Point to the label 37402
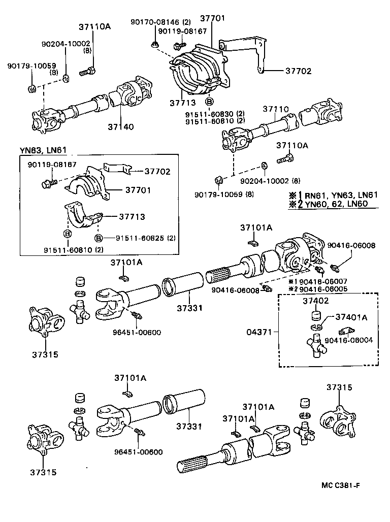click(x=316, y=301)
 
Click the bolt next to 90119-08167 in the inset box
click(x=49, y=180)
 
